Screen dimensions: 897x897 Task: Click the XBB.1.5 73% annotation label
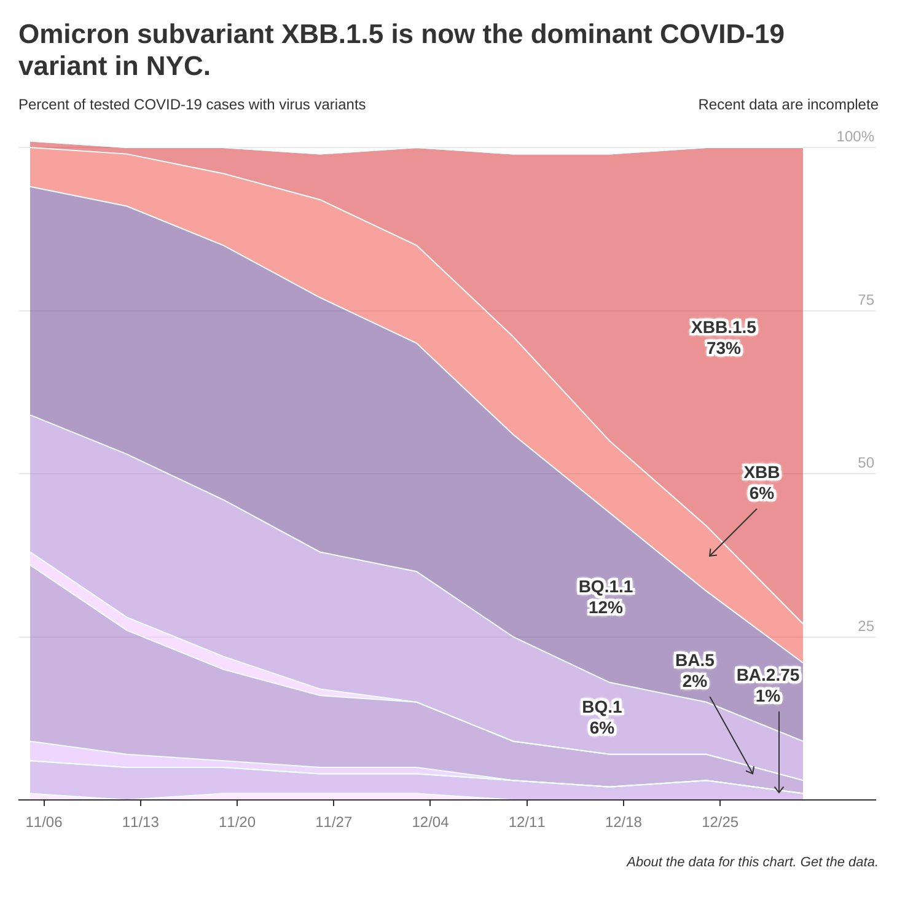[x=723, y=338]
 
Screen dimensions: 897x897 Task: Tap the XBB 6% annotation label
[x=761, y=482]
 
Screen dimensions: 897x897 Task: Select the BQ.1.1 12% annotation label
[x=605, y=597]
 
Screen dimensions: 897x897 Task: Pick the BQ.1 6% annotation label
[x=601, y=717]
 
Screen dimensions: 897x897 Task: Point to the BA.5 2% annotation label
[x=694, y=670]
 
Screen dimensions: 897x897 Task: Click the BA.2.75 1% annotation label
[x=767, y=685]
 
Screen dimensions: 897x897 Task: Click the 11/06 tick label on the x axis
[x=44, y=822]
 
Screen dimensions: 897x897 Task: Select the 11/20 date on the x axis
[x=237, y=822]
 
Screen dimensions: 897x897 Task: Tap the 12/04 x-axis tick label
[x=430, y=822]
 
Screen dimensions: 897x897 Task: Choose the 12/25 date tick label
[x=720, y=822]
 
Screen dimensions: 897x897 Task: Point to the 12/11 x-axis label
[x=527, y=822]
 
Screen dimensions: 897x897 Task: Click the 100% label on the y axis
[x=855, y=136]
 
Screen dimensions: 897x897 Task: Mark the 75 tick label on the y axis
[x=865, y=300]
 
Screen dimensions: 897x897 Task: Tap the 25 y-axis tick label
[x=865, y=626]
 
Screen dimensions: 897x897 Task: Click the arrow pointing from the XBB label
[x=733, y=533]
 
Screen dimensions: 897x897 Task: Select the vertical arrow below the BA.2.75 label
[x=779, y=753]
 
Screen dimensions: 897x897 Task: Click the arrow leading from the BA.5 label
[x=731, y=735]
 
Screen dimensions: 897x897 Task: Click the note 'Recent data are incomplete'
[x=788, y=104]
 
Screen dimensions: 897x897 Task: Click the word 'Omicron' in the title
[x=74, y=34]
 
